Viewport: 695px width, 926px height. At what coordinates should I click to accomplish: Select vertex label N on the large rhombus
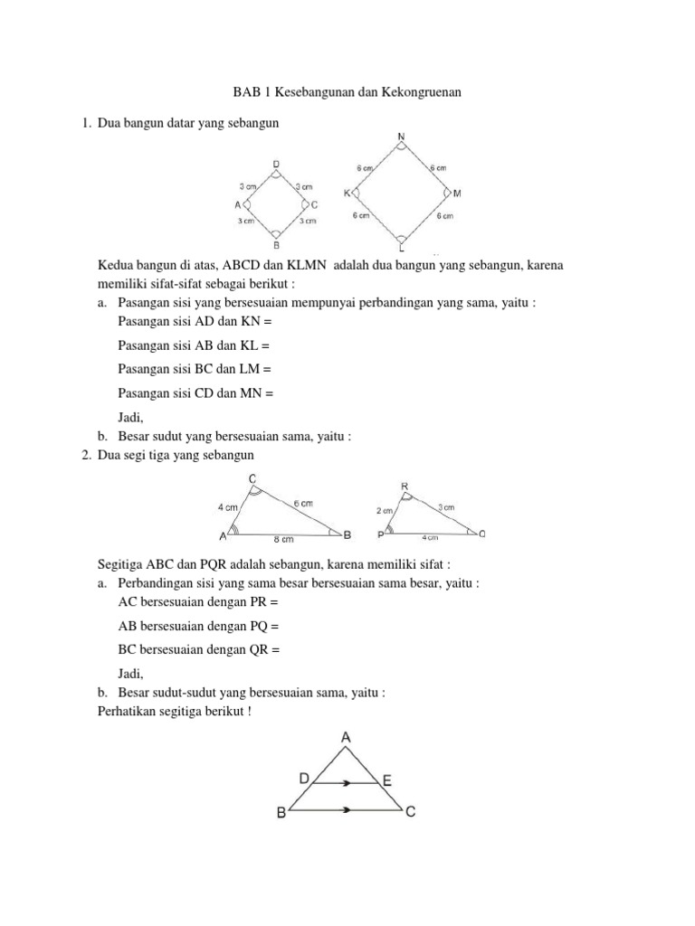401,137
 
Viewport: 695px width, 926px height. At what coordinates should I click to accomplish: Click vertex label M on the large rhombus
457,194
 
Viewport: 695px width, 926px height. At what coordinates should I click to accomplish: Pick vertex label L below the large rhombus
402,248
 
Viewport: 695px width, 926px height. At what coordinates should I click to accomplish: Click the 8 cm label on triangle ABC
285,541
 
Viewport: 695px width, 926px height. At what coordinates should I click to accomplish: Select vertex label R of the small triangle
405,487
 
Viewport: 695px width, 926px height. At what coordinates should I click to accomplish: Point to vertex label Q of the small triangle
481,534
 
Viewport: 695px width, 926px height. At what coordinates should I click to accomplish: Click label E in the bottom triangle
386,779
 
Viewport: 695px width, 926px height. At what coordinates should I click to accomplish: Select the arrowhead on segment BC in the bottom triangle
345,810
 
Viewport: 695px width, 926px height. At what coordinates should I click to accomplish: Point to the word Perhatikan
129,711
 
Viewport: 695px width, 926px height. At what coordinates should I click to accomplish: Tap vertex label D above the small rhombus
276,164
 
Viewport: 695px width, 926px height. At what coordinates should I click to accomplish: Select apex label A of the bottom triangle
346,738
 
